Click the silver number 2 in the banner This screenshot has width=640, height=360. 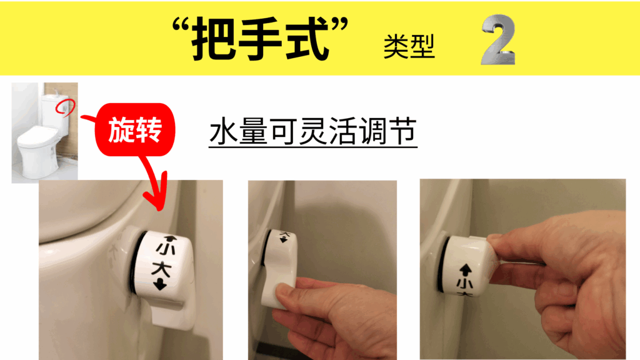pos(498,39)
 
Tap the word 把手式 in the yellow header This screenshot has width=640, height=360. pos(261,39)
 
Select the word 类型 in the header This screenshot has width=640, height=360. pos(409,46)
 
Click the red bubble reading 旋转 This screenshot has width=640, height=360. pos(135,129)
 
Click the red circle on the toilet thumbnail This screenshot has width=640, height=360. pos(65,107)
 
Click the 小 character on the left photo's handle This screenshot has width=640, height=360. pos(166,249)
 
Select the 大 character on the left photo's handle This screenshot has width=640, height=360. pos(161,269)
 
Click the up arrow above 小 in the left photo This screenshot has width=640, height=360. pos(170,238)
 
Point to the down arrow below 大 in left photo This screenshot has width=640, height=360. pos(160,284)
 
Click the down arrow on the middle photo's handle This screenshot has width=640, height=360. pos(283,239)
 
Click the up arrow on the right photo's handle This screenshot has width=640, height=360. pos(466,270)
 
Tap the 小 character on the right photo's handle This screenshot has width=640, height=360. pos(465,284)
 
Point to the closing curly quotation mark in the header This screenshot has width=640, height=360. pos(339,25)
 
